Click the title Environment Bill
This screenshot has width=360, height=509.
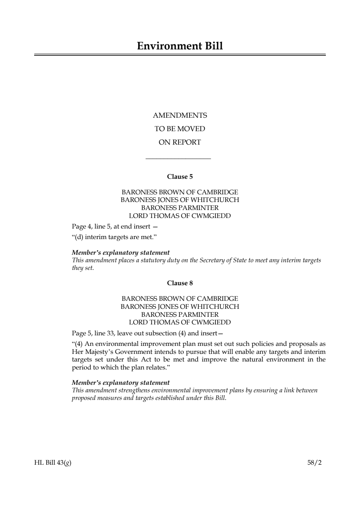[180, 46]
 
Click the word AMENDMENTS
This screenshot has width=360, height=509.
[180, 116]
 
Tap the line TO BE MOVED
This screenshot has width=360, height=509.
[180, 129]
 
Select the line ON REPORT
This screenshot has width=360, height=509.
[180, 142]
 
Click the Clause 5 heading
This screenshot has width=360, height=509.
[180, 177]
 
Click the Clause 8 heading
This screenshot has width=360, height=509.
[180, 283]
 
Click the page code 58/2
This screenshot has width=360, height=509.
[314, 462]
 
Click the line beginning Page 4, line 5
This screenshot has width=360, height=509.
[115, 227]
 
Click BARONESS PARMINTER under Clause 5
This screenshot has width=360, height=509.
[180, 208]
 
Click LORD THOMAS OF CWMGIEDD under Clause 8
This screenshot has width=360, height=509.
[180, 322]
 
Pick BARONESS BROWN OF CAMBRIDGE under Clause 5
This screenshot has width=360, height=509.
[180, 192]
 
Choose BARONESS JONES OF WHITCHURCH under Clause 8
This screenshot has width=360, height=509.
[180, 307]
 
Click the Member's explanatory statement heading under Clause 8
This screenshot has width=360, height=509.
[121, 383]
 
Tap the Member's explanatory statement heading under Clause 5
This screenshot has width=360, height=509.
[121, 253]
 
